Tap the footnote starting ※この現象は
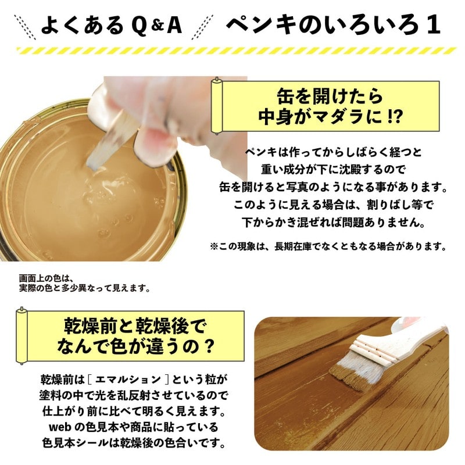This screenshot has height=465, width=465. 328,246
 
